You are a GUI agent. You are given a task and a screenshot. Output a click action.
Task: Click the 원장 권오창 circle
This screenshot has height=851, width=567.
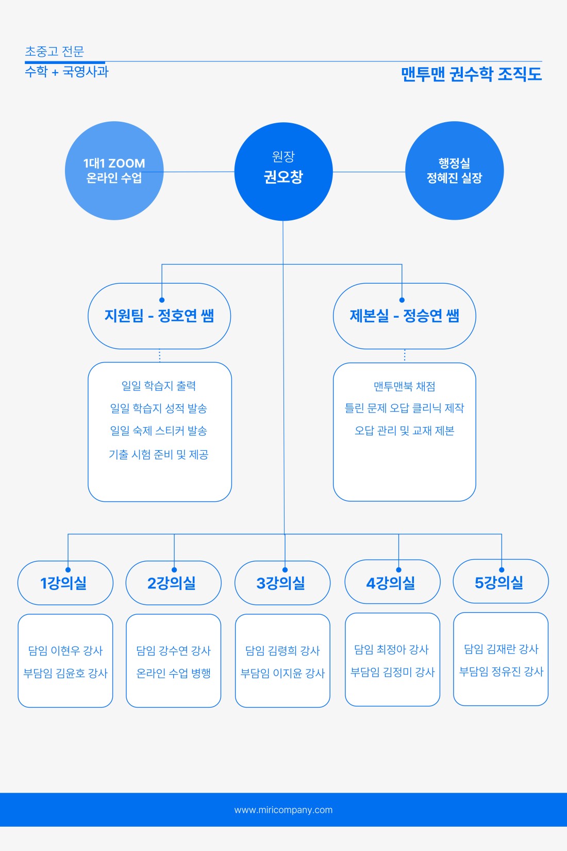(x=283, y=171)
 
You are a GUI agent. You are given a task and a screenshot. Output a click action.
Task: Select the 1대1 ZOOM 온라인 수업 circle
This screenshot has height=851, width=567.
(x=114, y=171)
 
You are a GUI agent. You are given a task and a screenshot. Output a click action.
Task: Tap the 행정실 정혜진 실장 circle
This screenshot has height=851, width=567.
(x=454, y=171)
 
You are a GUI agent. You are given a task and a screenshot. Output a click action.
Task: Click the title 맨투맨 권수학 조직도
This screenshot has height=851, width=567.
(x=471, y=74)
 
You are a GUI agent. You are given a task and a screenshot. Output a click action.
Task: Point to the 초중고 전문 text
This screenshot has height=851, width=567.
(x=54, y=51)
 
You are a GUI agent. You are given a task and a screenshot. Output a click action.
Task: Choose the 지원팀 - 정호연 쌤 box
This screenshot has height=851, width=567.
(x=159, y=316)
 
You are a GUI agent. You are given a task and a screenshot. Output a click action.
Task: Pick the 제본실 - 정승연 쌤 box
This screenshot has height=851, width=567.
(x=405, y=316)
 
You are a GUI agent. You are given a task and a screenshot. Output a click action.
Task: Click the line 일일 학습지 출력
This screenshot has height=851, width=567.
(x=159, y=386)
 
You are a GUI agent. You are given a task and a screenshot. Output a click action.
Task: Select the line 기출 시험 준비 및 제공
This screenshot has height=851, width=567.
(x=159, y=454)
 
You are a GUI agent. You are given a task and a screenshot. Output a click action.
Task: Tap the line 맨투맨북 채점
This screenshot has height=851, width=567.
(x=405, y=386)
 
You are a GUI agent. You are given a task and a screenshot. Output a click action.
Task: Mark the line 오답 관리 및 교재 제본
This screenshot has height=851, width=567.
(x=405, y=431)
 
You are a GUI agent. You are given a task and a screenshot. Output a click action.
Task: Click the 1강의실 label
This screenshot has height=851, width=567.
(x=63, y=583)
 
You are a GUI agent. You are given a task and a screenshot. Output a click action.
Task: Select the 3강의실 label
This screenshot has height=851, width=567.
(x=280, y=583)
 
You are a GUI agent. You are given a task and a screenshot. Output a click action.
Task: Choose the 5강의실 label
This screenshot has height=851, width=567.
(x=499, y=582)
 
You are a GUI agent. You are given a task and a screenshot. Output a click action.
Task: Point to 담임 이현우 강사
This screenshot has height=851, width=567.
(x=65, y=650)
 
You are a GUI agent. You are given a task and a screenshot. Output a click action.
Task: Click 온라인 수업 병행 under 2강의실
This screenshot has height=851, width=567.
(x=174, y=673)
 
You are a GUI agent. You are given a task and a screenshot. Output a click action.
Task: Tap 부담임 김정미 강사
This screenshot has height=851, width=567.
(x=392, y=672)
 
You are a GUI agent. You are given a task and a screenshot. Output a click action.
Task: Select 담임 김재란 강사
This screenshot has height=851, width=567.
(x=502, y=649)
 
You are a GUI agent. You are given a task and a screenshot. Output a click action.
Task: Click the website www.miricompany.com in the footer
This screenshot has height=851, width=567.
(x=283, y=810)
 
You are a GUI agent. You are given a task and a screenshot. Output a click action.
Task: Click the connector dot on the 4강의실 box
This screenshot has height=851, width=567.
(x=399, y=569)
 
